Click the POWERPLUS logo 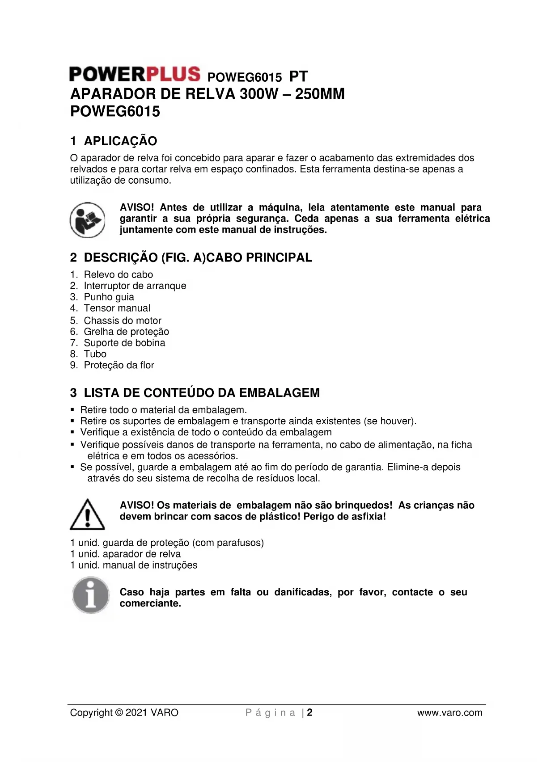135,74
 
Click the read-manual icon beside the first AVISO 87,220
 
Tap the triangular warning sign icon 88,514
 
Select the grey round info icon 91,595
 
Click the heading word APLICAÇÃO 120,141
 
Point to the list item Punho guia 109,297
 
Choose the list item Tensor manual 117,308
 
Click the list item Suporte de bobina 124,343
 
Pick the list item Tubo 95,354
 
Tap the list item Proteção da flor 119,365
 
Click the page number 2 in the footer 309,712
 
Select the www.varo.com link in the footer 449,713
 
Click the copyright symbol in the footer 119,713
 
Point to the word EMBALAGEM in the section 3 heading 279,393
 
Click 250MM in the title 320,94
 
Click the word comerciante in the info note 150,603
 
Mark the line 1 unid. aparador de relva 126,554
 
